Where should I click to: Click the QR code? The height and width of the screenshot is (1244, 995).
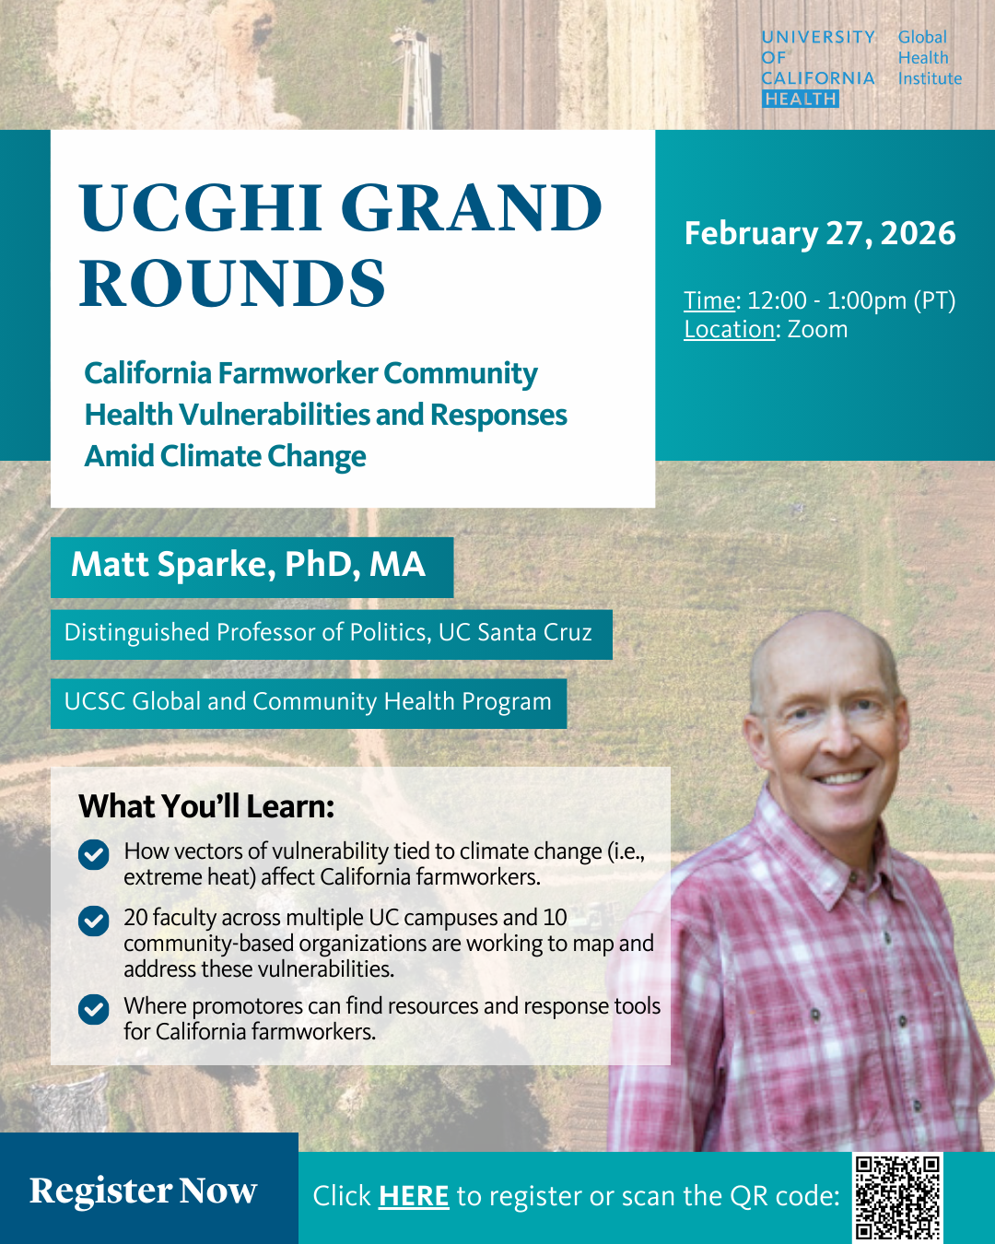897,1198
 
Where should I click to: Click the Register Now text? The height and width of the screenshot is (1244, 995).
144,1191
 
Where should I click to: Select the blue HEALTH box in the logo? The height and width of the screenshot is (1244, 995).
801,99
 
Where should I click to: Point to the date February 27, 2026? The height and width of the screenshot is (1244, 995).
819,233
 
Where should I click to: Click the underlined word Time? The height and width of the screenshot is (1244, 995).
709,300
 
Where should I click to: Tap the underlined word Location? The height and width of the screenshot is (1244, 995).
729,330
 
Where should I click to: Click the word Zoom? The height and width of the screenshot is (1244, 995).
817,330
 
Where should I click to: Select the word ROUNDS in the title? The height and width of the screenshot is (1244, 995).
232,283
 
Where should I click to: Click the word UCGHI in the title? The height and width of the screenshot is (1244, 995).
200,207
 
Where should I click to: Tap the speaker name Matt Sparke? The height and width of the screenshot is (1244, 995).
173,564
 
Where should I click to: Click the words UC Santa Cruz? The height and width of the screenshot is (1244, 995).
515,632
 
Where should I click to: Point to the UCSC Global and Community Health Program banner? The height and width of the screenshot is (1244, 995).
309,703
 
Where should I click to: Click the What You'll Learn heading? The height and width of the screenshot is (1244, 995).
206,806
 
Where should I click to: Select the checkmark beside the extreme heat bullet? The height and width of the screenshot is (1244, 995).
94,855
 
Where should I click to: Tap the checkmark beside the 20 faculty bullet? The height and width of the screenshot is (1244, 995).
94,921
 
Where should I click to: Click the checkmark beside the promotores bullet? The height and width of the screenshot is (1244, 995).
94,1009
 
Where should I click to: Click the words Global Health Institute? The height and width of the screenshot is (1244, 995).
930,58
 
